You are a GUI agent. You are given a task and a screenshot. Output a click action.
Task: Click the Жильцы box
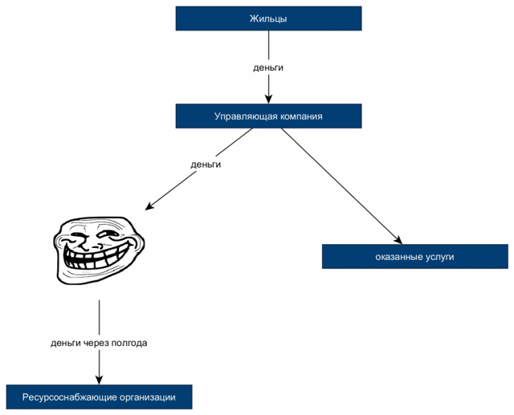(x=268, y=18)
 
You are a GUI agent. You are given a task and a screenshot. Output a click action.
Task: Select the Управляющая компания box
(x=268, y=116)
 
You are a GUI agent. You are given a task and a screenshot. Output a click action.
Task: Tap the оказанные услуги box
(x=414, y=257)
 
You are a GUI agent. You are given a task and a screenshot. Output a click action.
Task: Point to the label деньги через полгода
(x=99, y=343)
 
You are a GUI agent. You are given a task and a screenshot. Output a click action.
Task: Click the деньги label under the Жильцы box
(x=268, y=67)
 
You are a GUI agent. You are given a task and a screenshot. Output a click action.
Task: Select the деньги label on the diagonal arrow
(x=206, y=165)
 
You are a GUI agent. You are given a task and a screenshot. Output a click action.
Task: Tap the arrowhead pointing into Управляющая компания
(x=268, y=100)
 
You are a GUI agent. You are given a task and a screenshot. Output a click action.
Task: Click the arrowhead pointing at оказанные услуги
(x=398, y=238)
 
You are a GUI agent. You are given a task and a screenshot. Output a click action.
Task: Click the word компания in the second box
(x=301, y=116)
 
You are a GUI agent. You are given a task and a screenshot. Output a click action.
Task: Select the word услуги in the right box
(x=438, y=257)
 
